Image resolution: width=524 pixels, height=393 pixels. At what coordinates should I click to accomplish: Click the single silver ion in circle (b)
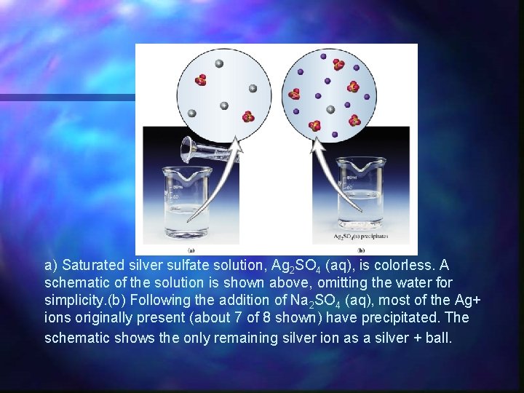(330, 109)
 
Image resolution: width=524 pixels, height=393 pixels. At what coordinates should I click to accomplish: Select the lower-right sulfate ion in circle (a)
(248, 116)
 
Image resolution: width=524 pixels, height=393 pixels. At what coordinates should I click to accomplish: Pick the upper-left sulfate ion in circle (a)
(202, 80)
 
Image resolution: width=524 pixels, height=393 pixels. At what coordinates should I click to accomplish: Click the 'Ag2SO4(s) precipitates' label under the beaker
(360, 236)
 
